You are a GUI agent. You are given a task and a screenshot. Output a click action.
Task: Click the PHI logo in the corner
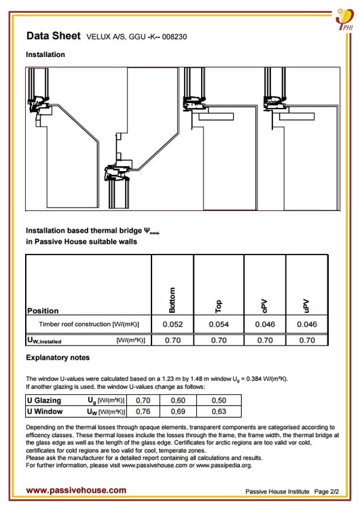click(345, 19)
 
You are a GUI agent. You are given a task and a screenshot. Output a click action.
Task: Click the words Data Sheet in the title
click(53, 36)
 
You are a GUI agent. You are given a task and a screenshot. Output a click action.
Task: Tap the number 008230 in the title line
click(175, 37)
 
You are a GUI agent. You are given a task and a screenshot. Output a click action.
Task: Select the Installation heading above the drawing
click(46, 54)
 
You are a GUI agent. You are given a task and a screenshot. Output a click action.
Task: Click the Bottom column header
click(173, 300)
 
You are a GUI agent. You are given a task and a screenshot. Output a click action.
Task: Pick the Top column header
click(218, 307)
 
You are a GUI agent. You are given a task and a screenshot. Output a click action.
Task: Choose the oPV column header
click(264, 306)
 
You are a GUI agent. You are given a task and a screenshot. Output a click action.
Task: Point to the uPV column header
click(306, 306)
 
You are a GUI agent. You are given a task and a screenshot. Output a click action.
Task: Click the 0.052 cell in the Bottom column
click(173, 324)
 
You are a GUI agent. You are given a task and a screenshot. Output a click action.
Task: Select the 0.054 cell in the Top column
click(219, 324)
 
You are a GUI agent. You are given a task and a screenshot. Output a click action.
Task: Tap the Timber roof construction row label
click(89, 324)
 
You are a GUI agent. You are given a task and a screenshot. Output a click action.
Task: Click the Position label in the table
click(43, 311)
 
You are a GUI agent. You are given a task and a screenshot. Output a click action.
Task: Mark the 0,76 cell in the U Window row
click(143, 411)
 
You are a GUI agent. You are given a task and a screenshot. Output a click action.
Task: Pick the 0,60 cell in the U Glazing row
click(178, 400)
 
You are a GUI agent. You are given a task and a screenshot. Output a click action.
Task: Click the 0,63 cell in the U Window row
click(219, 411)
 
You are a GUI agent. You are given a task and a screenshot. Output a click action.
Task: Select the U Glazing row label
click(44, 400)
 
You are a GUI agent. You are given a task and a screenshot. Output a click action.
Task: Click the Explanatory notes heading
click(58, 358)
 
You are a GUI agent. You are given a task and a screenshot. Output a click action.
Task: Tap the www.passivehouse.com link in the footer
click(76, 490)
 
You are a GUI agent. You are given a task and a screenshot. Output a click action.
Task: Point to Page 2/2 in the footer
click(327, 491)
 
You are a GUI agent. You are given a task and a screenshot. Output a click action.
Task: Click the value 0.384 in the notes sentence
click(255, 379)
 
